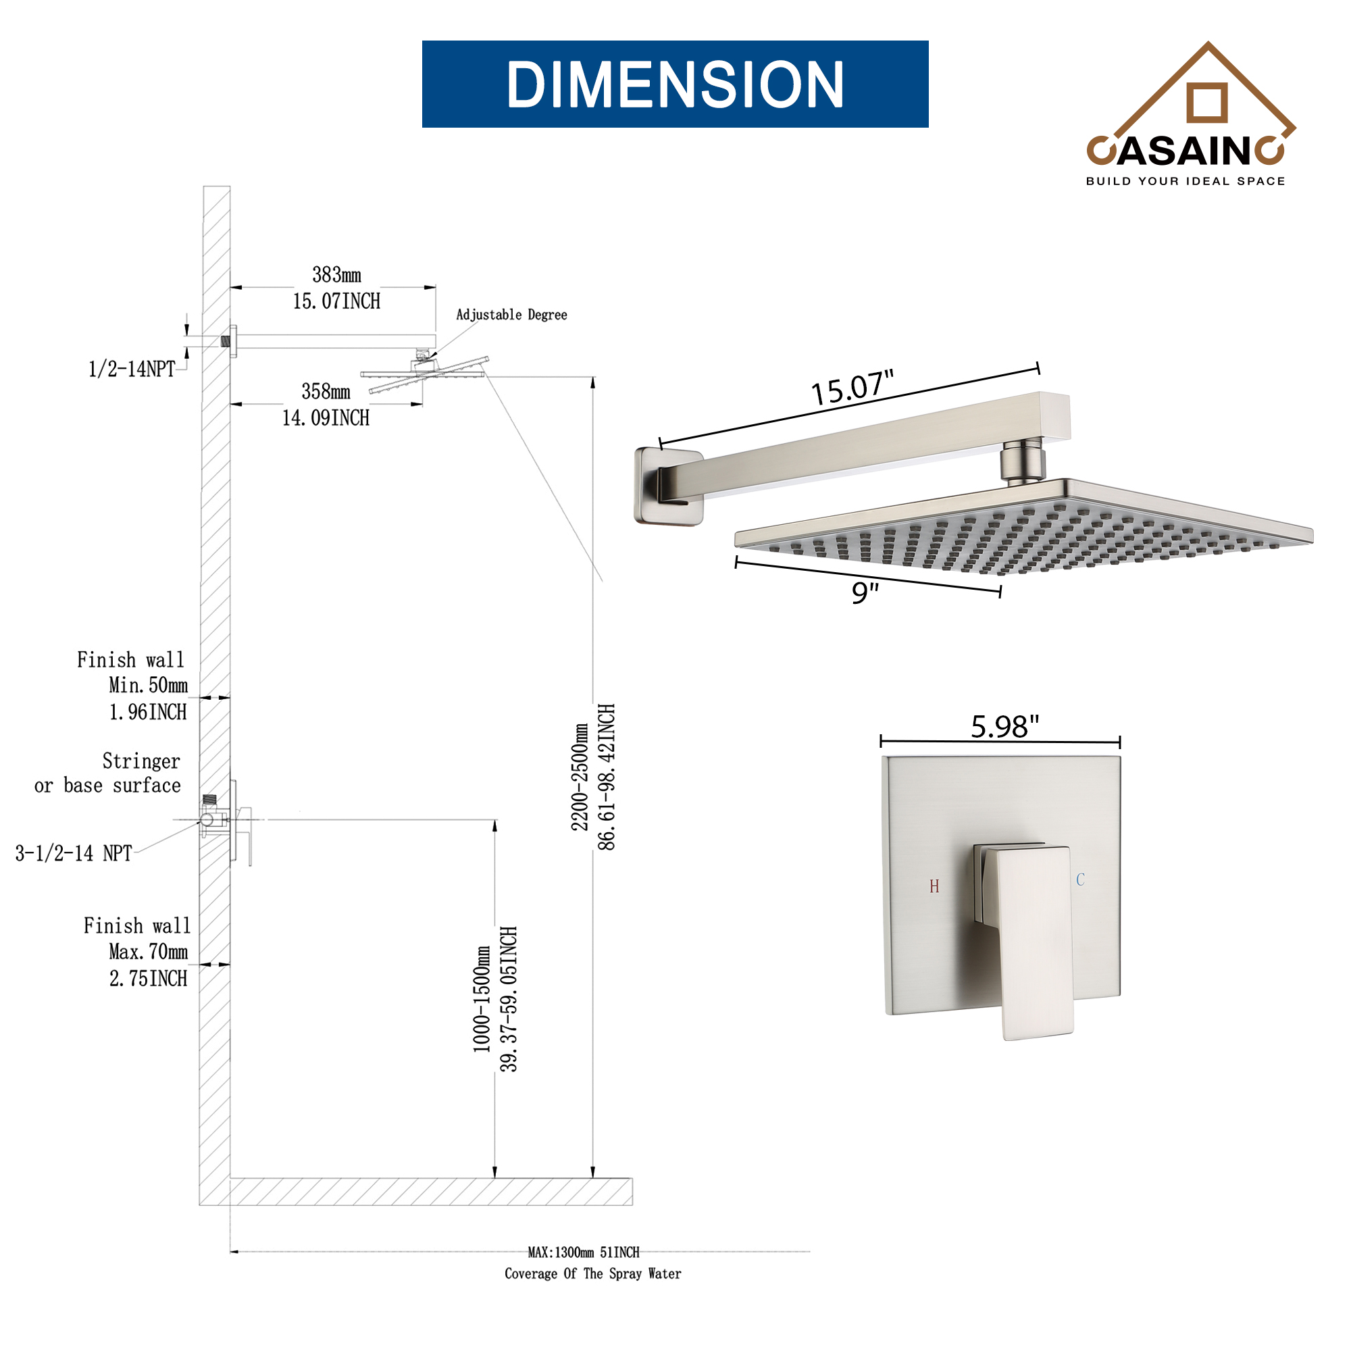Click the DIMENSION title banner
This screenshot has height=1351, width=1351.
675,84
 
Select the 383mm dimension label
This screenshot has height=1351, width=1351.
336,275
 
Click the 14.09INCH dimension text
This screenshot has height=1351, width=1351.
325,418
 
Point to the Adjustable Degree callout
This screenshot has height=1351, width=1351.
511,315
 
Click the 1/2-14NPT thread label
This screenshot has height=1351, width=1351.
132,369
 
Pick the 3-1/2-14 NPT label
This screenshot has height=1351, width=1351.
74,853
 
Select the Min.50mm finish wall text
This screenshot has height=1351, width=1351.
148,685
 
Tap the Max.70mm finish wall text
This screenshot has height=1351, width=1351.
148,952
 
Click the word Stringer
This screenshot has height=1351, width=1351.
141,761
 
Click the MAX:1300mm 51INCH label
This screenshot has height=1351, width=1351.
583,1252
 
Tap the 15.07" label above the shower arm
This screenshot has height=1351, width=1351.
852,388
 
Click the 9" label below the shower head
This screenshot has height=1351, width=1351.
865,592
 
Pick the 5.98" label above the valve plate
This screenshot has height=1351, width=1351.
1005,727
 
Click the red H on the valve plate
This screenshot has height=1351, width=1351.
934,887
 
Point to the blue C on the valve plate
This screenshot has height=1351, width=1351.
1080,880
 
